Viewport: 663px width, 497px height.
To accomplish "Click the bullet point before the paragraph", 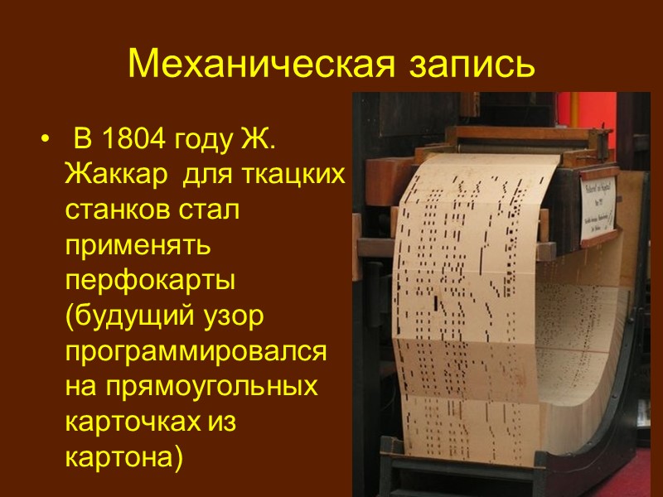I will [x=44, y=142].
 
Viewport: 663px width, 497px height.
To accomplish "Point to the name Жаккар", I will [x=114, y=176].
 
